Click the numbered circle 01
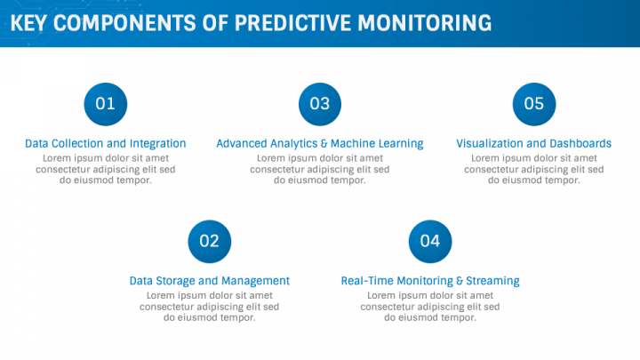tap(105, 104)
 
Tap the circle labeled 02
tap(210, 241)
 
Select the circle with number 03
tap(320, 104)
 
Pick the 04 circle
tap(430, 241)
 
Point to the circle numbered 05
tap(534, 104)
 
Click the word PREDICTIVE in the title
tap(292, 23)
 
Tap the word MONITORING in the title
tap(425, 23)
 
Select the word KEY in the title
tap(28, 23)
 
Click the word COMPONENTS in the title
tap(124, 23)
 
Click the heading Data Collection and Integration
tap(105, 144)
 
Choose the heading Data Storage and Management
tap(210, 281)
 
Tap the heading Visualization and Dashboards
tap(534, 144)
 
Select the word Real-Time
tap(367, 281)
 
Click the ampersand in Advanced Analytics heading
tap(324, 144)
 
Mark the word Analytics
tap(293, 144)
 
